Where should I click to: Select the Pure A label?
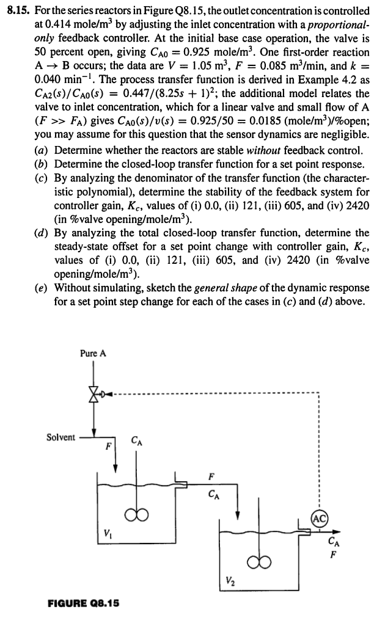point(93,353)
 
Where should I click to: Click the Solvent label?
point(61,437)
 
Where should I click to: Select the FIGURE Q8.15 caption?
point(83,603)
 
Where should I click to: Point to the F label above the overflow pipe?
point(212,474)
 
